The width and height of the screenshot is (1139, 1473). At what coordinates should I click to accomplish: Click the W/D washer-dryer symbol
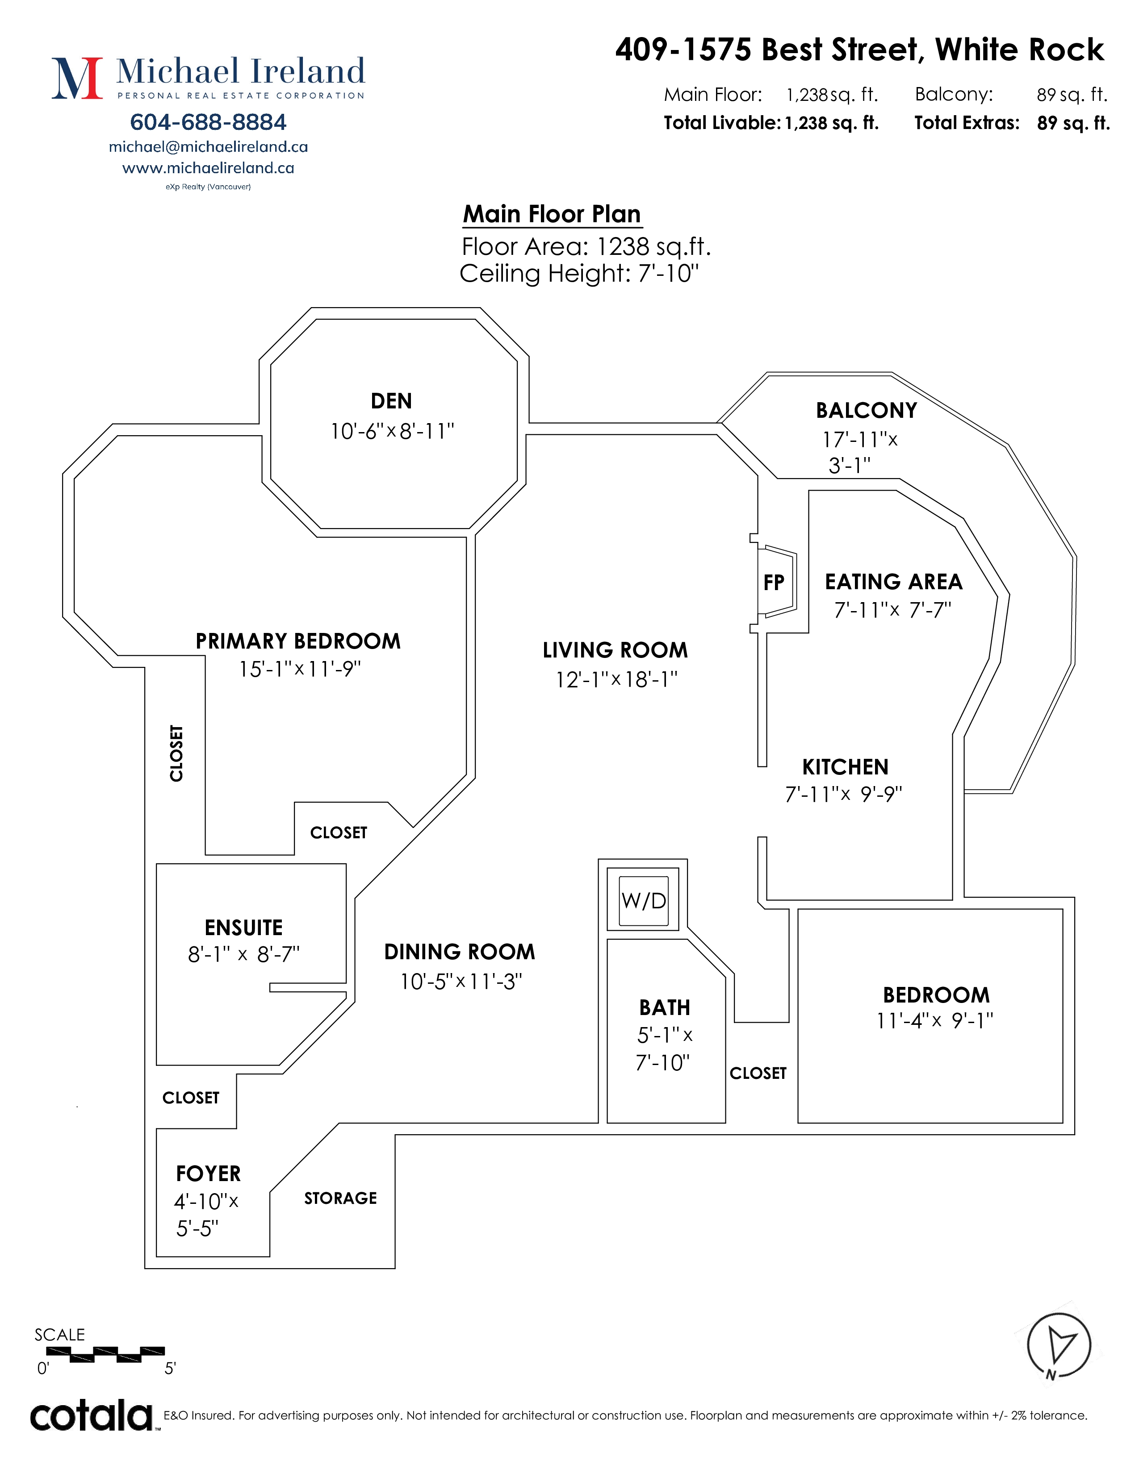click(x=643, y=900)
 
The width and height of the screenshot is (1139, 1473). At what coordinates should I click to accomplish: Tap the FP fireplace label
click(x=773, y=583)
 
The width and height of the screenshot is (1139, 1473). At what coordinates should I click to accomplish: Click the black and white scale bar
click(x=105, y=1352)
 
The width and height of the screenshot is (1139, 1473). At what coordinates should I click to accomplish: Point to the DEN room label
click(x=391, y=401)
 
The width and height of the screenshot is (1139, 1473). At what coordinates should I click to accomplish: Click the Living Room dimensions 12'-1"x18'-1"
click(x=616, y=679)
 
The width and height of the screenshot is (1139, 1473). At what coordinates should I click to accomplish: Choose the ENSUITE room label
click(x=243, y=928)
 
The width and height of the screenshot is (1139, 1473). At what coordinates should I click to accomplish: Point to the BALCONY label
click(x=867, y=410)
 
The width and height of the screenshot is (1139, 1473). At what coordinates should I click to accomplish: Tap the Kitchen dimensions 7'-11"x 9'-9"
click(x=843, y=795)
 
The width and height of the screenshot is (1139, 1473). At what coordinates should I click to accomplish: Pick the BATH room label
click(x=665, y=1007)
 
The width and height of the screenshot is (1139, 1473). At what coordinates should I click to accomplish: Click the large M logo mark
click(x=77, y=78)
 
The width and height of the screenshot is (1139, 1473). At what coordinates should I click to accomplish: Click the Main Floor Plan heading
click(x=552, y=214)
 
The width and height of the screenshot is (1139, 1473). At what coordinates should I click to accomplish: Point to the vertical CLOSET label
click(x=176, y=753)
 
